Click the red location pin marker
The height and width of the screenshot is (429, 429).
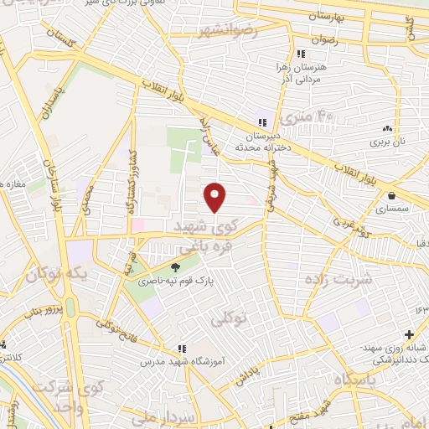pos(216,196)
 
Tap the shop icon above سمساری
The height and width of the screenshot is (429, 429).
pos(391,194)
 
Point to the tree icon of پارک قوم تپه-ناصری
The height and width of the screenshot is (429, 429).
pos(175,268)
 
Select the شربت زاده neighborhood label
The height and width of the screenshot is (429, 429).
pos(340,279)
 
